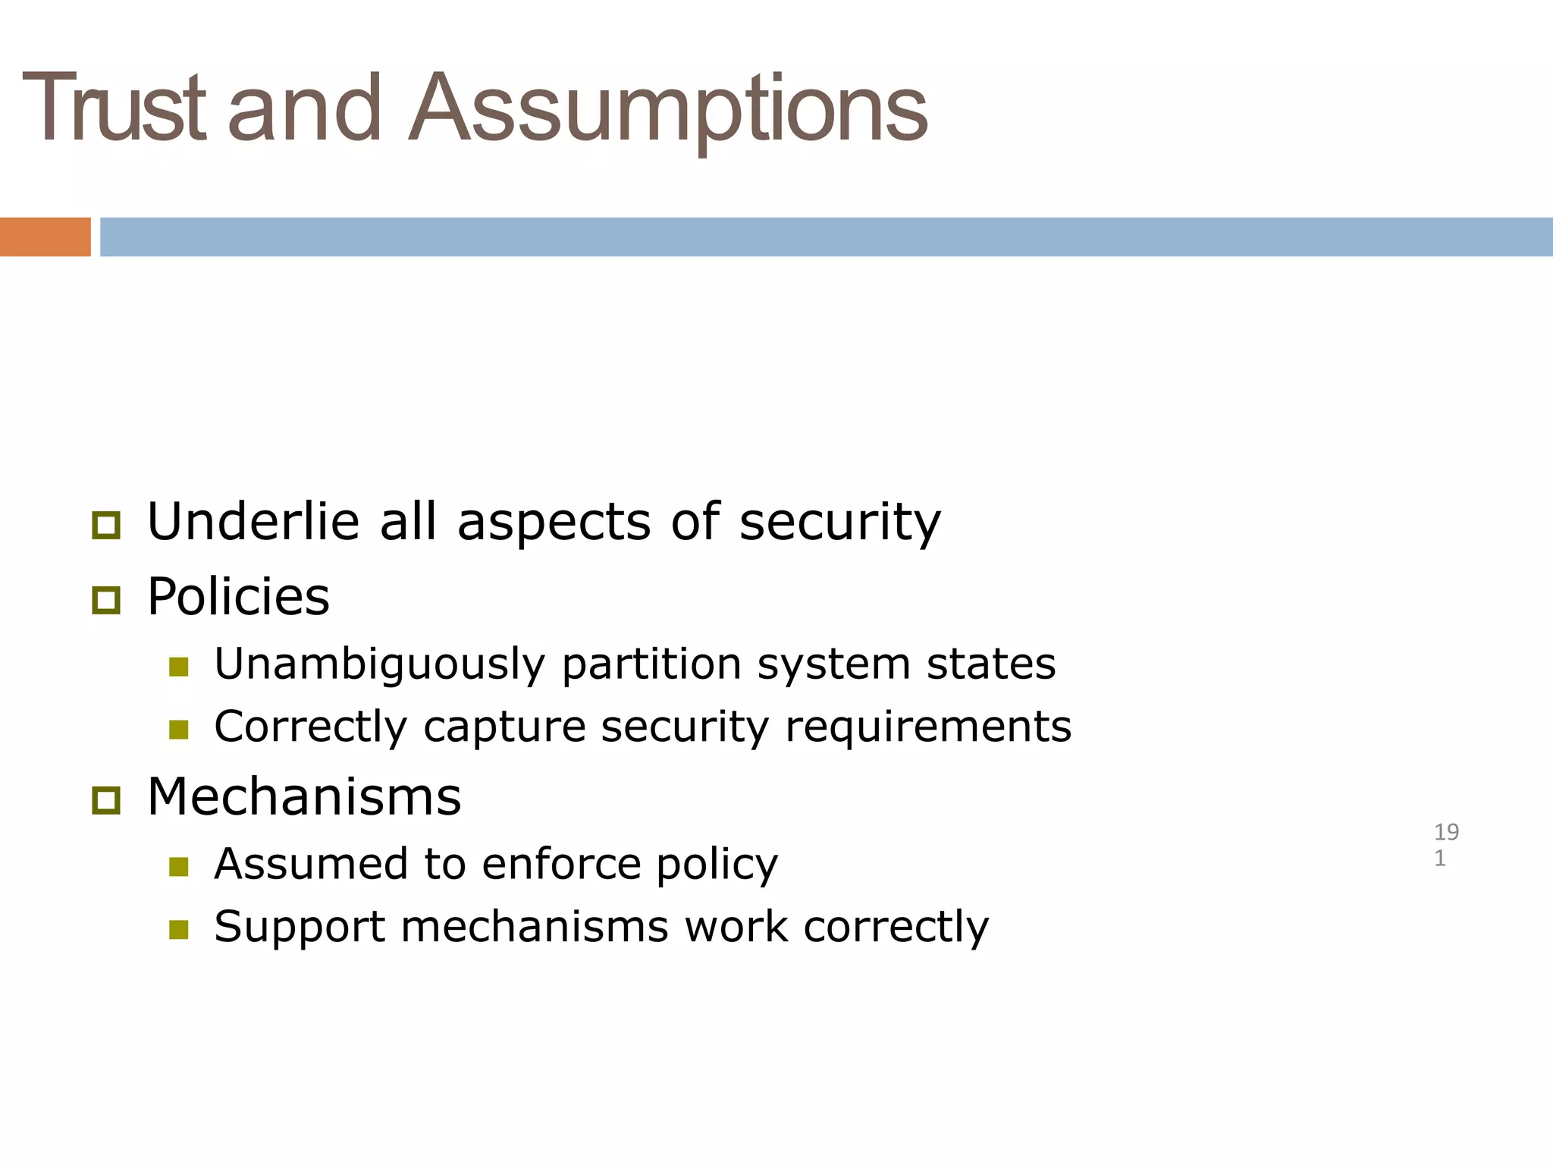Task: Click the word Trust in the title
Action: [114, 108]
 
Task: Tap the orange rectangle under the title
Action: [45, 237]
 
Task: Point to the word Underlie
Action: [253, 522]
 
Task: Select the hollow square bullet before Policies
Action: [106, 601]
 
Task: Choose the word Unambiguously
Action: [379, 664]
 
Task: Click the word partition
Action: [651, 664]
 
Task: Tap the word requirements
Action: [928, 727]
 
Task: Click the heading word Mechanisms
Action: [304, 797]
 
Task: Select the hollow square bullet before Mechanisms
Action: [106, 800]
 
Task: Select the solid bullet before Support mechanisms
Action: [179, 929]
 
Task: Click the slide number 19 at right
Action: [1446, 833]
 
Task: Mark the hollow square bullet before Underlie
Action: [106, 525]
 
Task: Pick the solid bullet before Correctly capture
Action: [179, 730]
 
